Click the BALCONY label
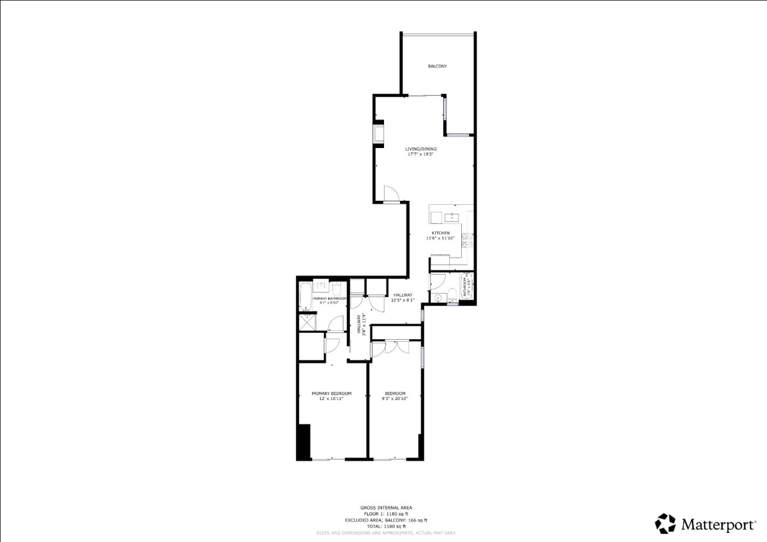437,66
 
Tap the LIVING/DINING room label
421,149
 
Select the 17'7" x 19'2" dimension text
421,154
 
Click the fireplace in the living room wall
378,133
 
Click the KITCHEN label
440,233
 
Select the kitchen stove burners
467,240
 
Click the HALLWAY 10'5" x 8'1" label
403,298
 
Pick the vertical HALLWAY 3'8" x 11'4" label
361,324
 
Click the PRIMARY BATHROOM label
329,299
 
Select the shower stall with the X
307,323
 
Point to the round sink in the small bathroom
438,298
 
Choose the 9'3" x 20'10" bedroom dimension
395,398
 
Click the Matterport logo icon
665,523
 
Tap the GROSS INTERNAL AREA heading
386,508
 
